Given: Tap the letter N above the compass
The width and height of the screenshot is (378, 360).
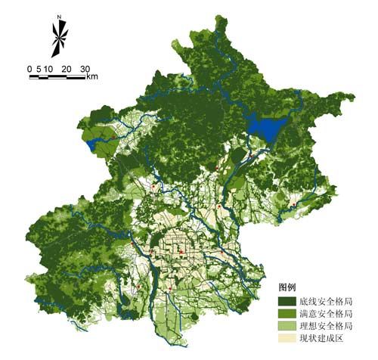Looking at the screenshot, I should (59, 15).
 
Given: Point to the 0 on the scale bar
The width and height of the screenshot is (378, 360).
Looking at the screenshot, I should (29, 69).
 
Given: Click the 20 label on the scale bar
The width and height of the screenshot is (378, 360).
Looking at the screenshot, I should (66, 69).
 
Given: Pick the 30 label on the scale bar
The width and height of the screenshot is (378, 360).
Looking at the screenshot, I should (85, 69).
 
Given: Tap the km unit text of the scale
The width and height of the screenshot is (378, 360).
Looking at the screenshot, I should (91, 76).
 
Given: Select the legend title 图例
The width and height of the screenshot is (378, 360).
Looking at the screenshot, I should (287, 288).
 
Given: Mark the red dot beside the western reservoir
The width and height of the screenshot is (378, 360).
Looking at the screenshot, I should (113, 137).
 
